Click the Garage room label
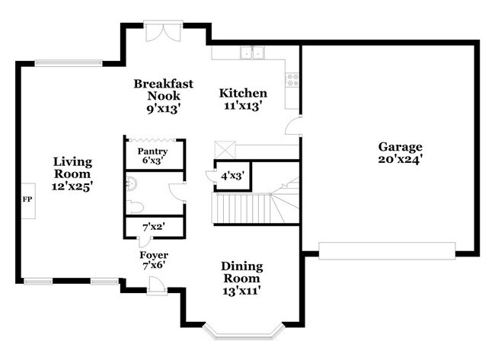point(399,147)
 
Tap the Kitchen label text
point(243,94)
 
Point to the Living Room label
point(72,162)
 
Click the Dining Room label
point(242,266)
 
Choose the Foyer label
point(154,255)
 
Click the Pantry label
point(152,151)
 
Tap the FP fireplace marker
point(27,199)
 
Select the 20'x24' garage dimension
point(399,159)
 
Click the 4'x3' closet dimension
point(232,174)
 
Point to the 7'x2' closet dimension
point(154,227)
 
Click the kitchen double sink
point(252,53)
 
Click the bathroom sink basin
point(130,183)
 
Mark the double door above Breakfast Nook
point(162,33)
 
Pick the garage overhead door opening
point(387,250)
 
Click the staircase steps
point(242,208)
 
